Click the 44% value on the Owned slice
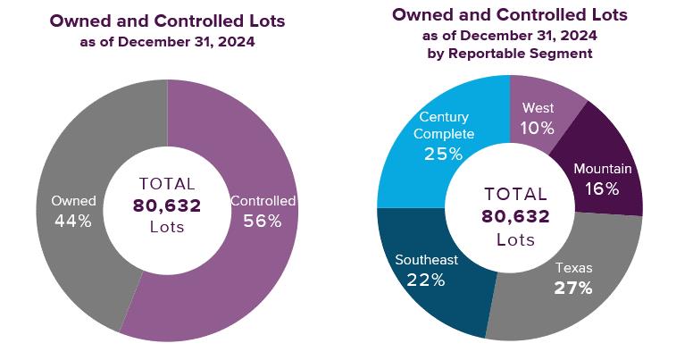click(x=71, y=222)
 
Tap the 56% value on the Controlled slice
click(x=263, y=222)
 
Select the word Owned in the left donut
click(x=73, y=201)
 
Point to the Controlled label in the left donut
click(x=263, y=201)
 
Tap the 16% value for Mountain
click(x=601, y=188)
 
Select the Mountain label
click(x=603, y=169)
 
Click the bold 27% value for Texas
click(x=573, y=288)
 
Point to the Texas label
click(x=573, y=267)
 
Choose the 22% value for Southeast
click(x=426, y=280)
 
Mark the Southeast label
click(x=426, y=260)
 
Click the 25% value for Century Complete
click(x=444, y=154)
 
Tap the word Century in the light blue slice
click(x=444, y=117)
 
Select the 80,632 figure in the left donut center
click(x=167, y=205)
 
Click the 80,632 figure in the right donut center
click(x=515, y=216)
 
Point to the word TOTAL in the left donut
click(x=167, y=184)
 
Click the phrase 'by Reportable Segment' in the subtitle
click(x=510, y=54)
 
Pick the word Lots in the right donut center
click(x=515, y=239)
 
